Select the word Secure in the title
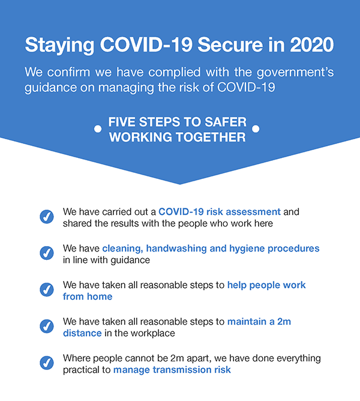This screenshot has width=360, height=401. tap(230, 45)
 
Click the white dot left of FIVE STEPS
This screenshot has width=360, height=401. tap(98, 129)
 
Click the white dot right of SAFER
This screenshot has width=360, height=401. tap(256, 128)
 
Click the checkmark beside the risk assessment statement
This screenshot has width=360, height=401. tap(47, 217)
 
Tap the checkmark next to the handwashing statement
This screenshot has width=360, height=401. tap(47, 253)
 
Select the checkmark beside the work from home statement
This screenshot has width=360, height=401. tap(47, 290)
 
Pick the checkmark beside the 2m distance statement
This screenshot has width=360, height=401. tap(47, 327)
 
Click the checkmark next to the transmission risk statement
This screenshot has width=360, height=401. tap(47, 363)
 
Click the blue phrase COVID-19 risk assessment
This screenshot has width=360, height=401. tap(220, 212)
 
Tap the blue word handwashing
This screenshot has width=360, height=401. tap(176, 249)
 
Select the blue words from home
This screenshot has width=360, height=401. tap(88, 297)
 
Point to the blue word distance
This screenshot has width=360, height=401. tap(82, 333)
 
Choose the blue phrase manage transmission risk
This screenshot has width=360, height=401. tap(172, 370)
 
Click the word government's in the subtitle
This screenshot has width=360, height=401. tap(295, 73)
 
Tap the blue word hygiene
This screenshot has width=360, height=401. tap(247, 249)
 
